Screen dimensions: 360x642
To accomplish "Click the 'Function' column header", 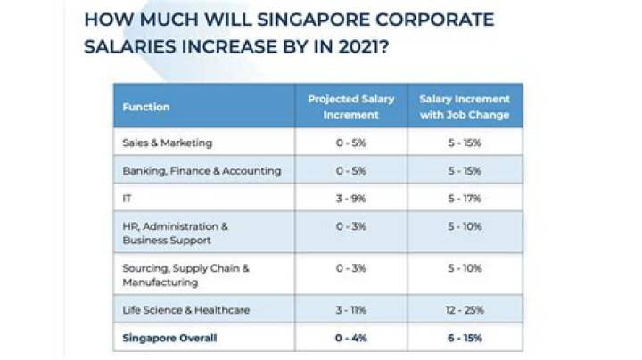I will click(x=146, y=107).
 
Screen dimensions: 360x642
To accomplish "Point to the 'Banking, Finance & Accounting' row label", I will click(x=201, y=170).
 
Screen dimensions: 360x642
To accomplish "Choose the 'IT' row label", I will click(x=127, y=198).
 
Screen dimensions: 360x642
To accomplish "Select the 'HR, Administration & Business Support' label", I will click(x=176, y=233).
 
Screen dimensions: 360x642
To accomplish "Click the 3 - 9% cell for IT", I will click(x=350, y=198).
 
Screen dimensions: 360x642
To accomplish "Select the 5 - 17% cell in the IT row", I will click(x=465, y=198).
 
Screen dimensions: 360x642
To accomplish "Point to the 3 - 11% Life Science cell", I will click(x=350, y=310).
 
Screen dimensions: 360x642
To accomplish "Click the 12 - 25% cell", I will click(x=465, y=310).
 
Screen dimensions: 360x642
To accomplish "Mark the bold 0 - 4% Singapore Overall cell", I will click(x=350, y=338).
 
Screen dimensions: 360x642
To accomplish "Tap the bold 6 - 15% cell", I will click(x=465, y=338).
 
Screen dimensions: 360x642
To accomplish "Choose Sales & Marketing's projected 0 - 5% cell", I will click(x=350, y=143).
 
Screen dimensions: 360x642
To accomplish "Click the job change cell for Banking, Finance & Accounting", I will click(x=465, y=170).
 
